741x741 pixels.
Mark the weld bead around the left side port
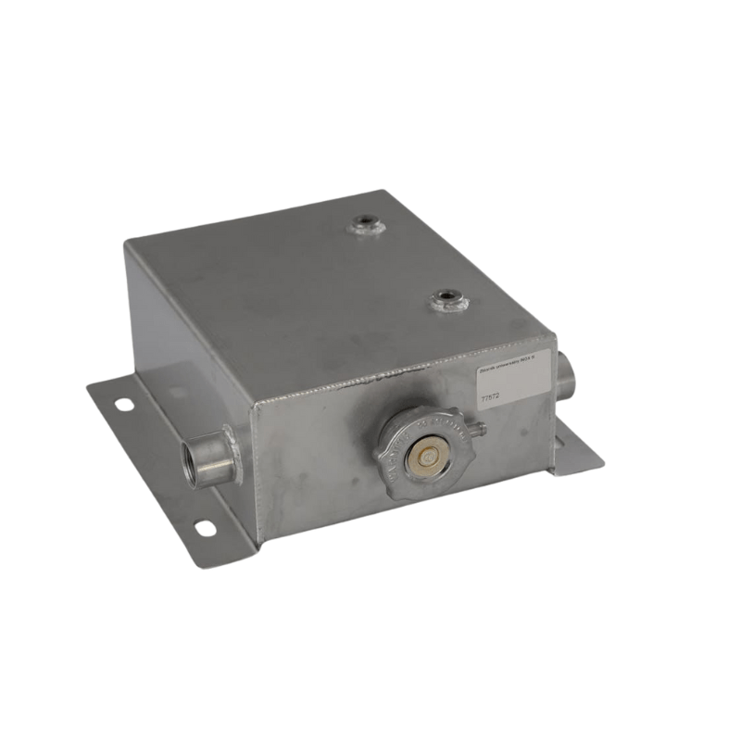[232, 454]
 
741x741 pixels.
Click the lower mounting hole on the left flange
[204, 527]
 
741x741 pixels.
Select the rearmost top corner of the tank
[382, 192]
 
